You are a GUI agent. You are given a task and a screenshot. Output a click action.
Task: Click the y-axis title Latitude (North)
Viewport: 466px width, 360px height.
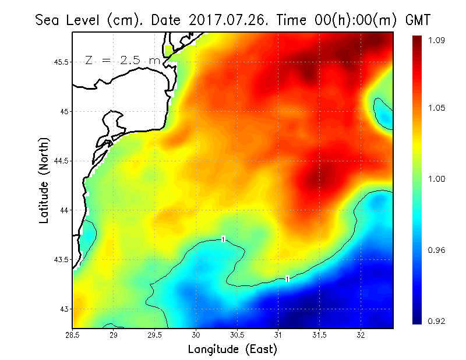[44, 180]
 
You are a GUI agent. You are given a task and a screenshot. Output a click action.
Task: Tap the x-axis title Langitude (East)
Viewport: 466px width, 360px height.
[232, 350]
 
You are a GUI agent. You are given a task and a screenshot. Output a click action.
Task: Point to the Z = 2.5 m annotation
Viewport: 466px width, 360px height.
[122, 59]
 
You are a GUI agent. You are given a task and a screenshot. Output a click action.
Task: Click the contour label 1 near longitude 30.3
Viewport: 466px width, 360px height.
[223, 239]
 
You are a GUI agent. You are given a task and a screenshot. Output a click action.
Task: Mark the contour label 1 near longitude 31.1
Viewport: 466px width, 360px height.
[287, 279]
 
